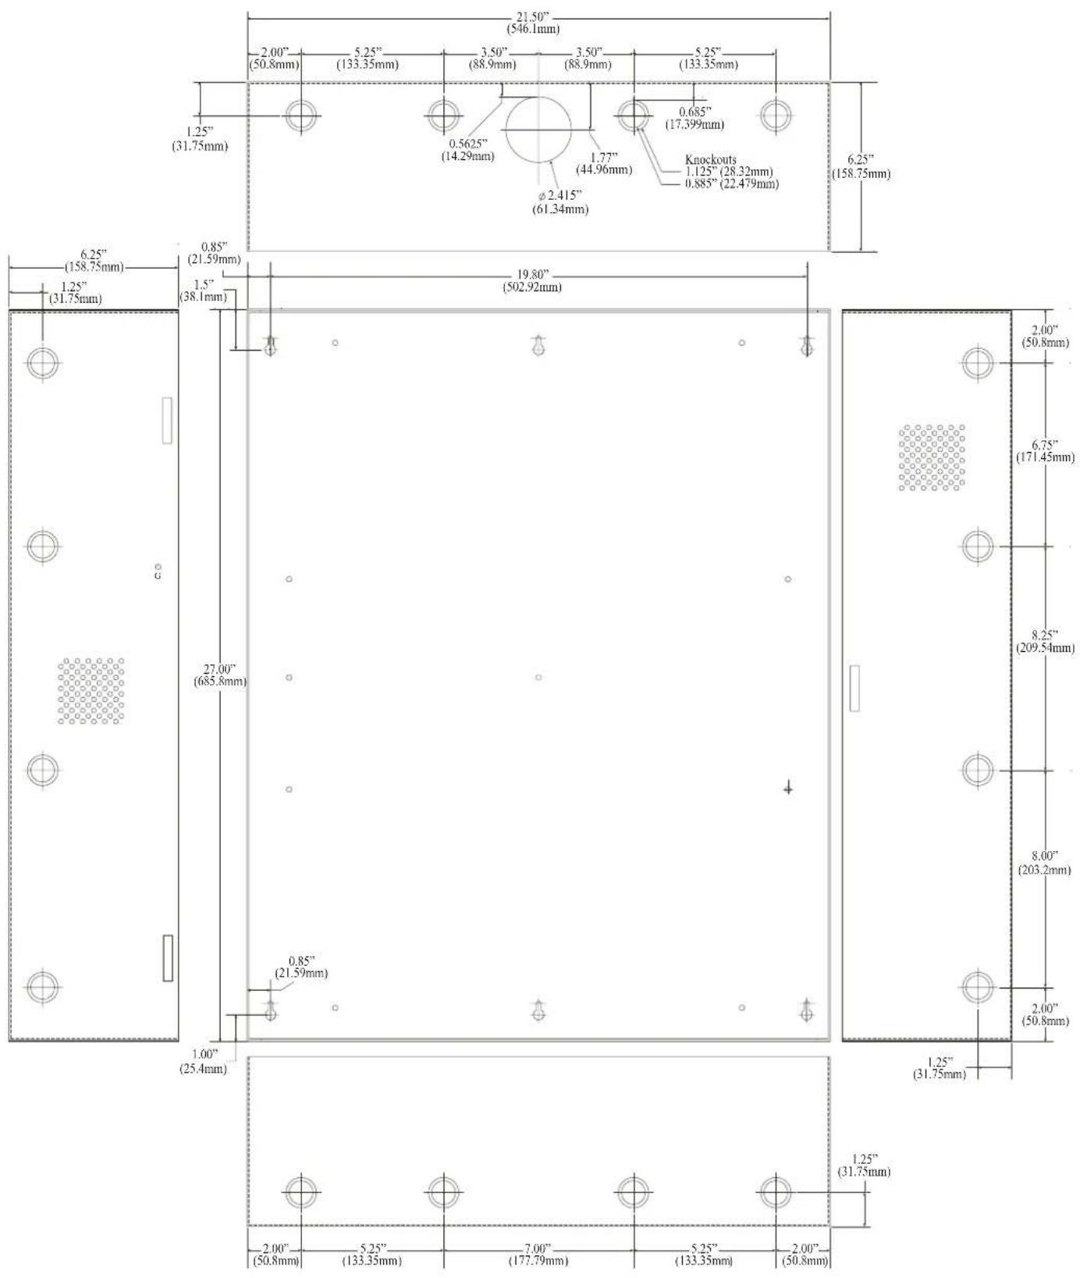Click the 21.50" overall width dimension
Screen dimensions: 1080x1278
click(x=538, y=24)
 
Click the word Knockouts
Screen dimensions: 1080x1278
click(x=710, y=160)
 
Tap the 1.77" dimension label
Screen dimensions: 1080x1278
click(x=604, y=163)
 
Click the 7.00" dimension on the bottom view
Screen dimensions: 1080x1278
click(x=538, y=1255)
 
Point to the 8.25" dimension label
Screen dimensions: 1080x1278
click(x=1045, y=641)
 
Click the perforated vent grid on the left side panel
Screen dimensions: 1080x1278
click(x=91, y=691)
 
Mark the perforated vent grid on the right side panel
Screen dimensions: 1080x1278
click(x=932, y=458)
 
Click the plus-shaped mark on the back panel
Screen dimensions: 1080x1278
click(x=788, y=789)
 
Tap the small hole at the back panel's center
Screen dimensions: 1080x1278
click(x=538, y=677)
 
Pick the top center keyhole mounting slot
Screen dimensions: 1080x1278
click(x=538, y=346)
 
